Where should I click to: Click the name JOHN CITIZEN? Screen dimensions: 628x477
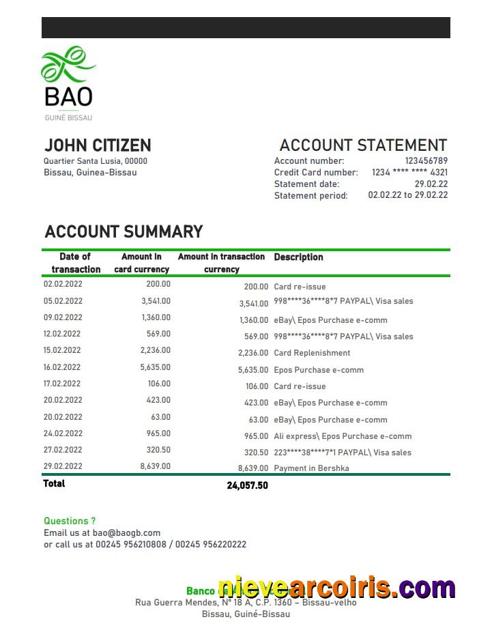coord(98,145)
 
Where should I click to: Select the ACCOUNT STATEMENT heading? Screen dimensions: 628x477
coord(362,145)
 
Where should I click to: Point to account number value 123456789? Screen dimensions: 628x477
coord(426,161)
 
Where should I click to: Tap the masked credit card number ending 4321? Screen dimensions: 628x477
coord(409,173)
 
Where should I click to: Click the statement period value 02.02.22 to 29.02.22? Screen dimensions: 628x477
coord(407,195)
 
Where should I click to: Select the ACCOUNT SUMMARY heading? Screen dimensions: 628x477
coord(124,232)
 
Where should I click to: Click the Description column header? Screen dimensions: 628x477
coord(298,257)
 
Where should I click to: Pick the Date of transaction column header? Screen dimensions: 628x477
coord(75,263)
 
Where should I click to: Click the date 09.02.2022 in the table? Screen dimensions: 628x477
coord(63,317)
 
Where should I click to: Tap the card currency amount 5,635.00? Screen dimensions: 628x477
coord(156,367)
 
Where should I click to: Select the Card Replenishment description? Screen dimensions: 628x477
coord(312,353)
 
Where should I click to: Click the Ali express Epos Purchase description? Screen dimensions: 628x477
coord(343,436)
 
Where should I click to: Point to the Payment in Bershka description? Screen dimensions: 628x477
coord(311,468)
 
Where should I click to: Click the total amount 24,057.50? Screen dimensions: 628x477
coord(247,485)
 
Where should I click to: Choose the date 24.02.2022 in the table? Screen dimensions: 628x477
coord(63,433)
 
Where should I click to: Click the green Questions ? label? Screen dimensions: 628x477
coord(70,521)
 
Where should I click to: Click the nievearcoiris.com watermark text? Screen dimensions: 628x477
coord(336,588)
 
